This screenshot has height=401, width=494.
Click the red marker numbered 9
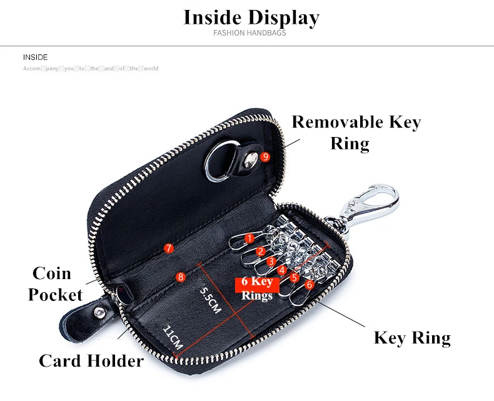[265, 157]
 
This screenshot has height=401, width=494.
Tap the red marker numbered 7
[168, 248]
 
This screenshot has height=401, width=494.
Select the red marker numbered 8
[181, 277]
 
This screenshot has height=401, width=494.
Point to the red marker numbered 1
[250, 238]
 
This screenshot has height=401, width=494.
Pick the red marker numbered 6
[309, 284]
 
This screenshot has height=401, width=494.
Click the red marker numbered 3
[271, 261]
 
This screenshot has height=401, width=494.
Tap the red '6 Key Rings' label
[257, 289]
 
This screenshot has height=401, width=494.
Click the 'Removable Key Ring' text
[356, 131]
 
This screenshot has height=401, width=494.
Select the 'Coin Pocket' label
[54, 283]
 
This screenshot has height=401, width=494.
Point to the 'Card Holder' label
[91, 360]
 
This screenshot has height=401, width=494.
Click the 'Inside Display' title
[251, 17]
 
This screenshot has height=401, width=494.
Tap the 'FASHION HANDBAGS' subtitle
[250, 33]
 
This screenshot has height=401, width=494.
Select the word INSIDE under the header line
[35, 57]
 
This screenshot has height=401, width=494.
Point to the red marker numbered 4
[283, 270]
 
